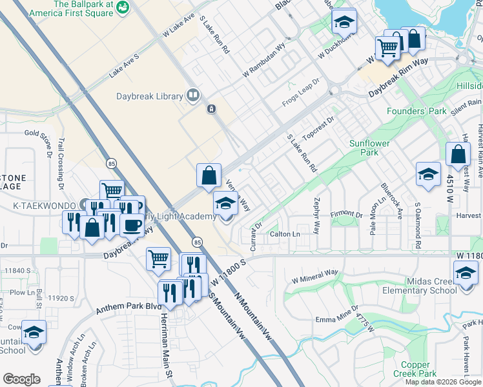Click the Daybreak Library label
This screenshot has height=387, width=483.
tap(150, 96)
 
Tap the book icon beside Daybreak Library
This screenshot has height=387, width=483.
tap(192, 96)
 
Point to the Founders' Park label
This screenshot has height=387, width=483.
tap(416, 111)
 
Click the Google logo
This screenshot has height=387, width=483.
tap(21, 379)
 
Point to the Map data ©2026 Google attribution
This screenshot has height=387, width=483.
tap(443, 382)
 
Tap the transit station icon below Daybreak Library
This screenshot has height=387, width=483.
tap(211, 109)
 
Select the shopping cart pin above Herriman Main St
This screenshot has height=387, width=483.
tap(158, 259)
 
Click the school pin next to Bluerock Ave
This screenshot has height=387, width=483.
tap(428, 174)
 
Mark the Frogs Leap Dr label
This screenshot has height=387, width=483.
tap(302, 96)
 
